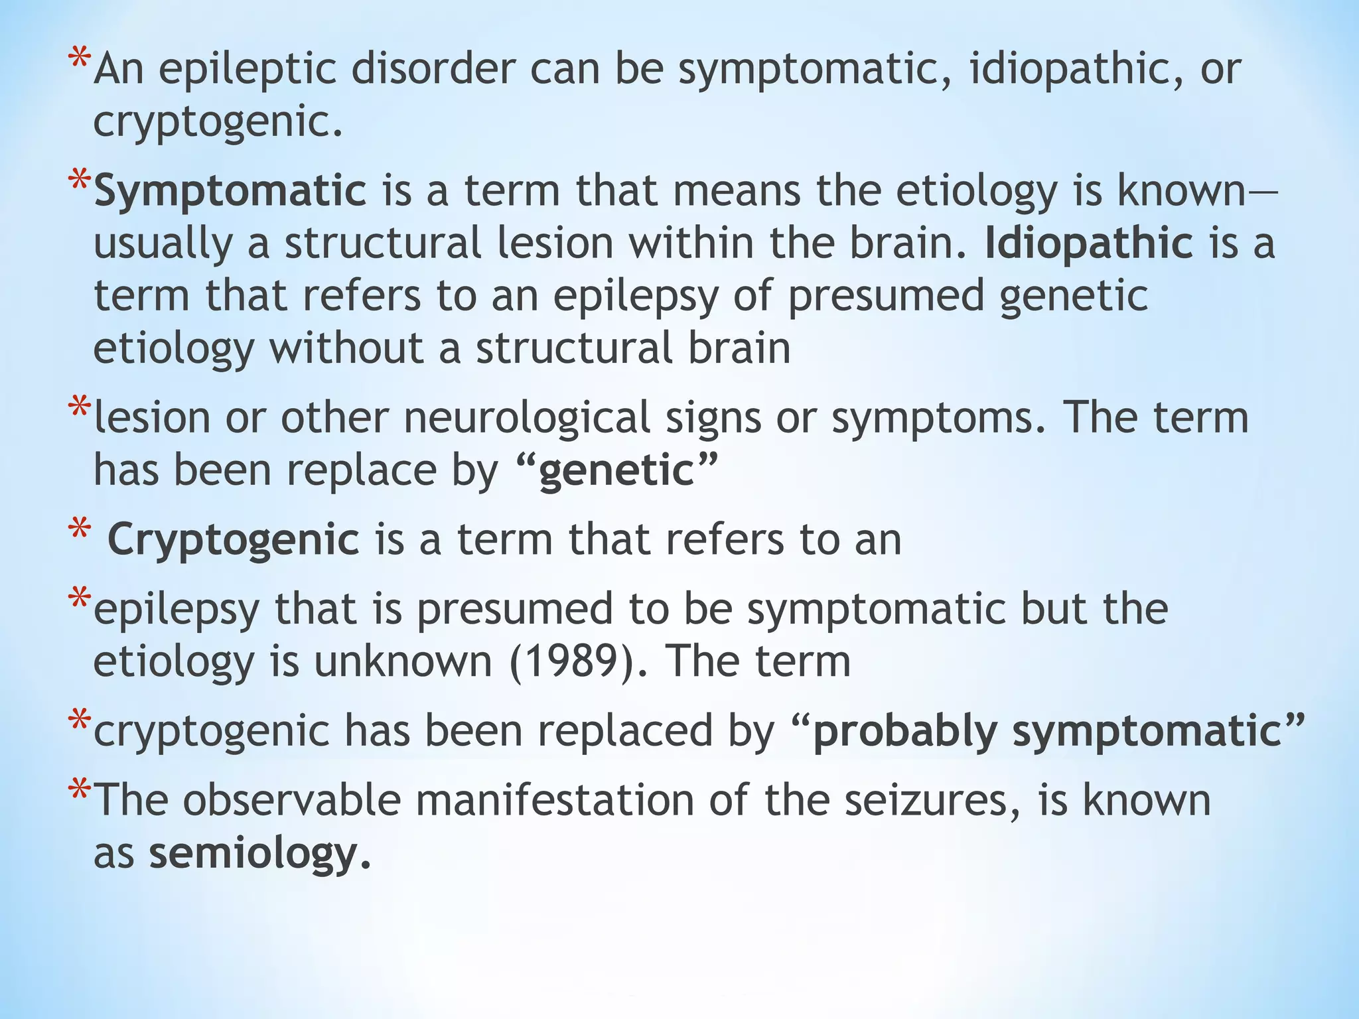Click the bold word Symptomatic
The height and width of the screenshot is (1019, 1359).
230,192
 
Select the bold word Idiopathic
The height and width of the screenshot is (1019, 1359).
1088,243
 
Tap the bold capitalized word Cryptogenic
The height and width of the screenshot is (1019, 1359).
234,539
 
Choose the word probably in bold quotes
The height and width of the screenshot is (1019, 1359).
904,732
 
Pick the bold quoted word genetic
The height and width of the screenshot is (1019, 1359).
616,470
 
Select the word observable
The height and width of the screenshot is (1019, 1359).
292,799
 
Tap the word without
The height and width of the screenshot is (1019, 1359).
345,348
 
